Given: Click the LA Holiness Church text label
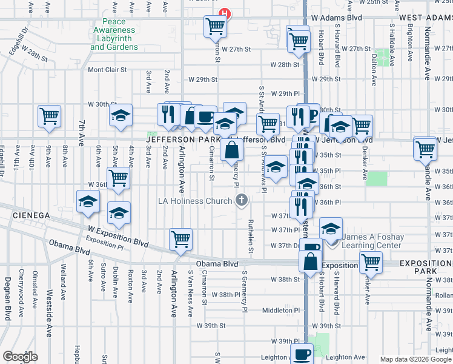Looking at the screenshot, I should tap(194, 201).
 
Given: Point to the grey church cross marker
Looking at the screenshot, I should tap(242, 200).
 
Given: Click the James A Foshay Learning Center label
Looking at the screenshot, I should tap(372, 241).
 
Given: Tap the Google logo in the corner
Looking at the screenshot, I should tap(20, 357).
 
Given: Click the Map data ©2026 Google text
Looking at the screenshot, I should tap(415, 359).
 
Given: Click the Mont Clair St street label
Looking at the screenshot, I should tap(107, 70).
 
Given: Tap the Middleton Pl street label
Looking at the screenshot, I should tap(281, 310).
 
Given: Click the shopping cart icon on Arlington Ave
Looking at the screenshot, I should tap(180, 240).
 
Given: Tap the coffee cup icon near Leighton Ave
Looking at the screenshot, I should tap(302, 354).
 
